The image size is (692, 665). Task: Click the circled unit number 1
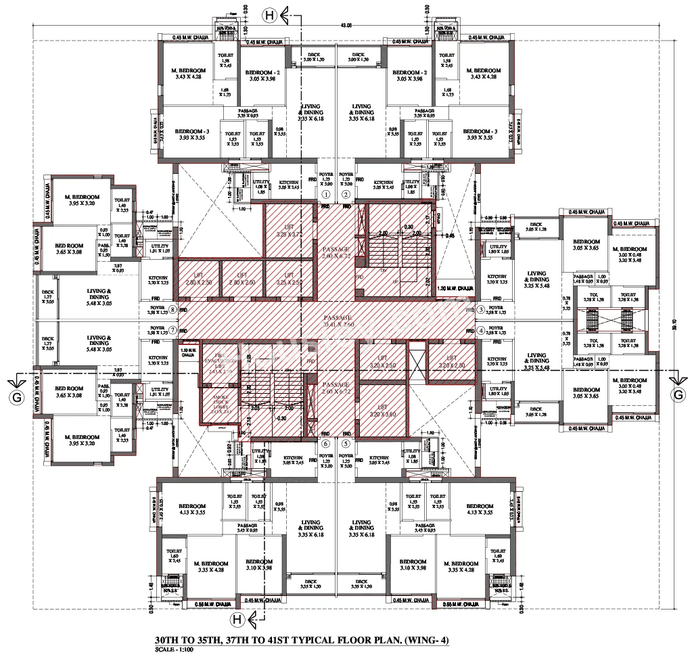(325, 194)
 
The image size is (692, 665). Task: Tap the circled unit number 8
(174, 310)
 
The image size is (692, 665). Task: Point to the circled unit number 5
(346, 444)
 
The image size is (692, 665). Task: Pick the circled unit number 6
(325, 444)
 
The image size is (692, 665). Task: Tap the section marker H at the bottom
(237, 618)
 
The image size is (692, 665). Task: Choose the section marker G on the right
(676, 395)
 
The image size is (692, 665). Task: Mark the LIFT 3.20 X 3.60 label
(382, 413)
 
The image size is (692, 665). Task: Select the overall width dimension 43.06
(346, 26)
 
